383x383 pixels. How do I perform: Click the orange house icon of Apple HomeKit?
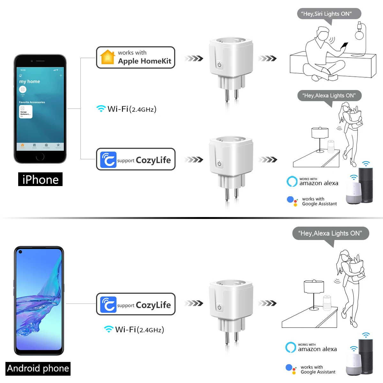point(108,57)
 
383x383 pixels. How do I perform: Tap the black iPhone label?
point(40,179)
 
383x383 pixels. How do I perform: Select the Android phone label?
point(38,368)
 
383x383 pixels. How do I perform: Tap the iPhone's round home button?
point(40,156)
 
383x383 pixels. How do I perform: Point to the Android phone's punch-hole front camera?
point(20,252)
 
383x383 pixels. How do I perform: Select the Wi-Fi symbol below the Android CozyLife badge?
point(109,329)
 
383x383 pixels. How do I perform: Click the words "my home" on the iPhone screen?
point(30,81)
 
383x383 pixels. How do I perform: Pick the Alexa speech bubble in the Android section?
point(330,234)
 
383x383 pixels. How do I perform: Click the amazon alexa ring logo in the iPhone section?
point(292,181)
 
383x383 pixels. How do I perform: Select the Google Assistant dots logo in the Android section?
point(291,369)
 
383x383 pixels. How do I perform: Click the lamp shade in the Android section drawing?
point(314,286)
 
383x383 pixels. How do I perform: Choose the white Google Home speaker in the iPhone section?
point(353,193)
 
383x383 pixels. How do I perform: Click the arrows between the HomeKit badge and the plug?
point(194,58)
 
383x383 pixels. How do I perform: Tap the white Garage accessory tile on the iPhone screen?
point(26,112)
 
